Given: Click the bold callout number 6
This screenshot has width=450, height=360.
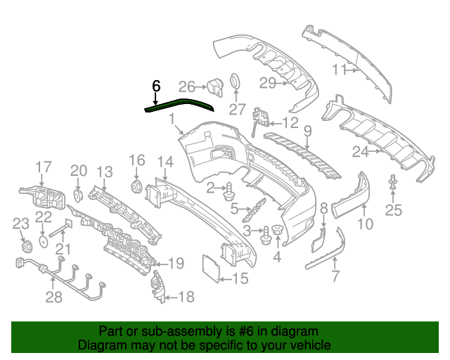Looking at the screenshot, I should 156,86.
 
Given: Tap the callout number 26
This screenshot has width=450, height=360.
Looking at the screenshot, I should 186,86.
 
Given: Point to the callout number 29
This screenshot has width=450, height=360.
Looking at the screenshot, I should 268,83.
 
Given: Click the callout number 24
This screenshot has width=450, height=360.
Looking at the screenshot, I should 361,151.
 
